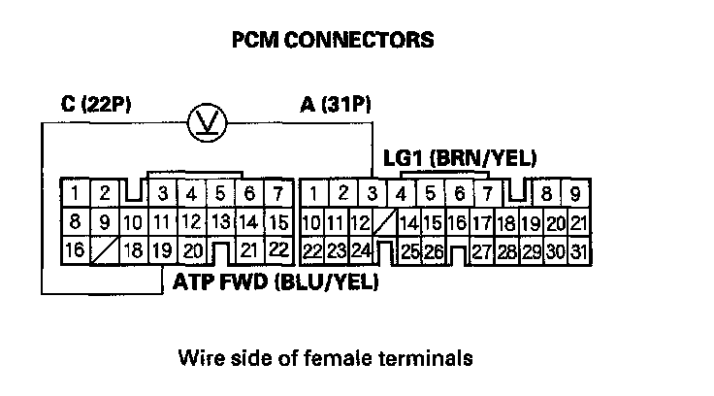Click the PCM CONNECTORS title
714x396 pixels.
pos(332,41)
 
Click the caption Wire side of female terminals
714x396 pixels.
pos(325,358)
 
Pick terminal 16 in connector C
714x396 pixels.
pos(74,249)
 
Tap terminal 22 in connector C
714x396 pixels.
pos(278,249)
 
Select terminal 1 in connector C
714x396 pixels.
pos(74,192)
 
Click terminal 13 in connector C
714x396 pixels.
pos(221,221)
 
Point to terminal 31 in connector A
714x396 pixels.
pos(579,251)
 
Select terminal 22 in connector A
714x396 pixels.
pos(311,251)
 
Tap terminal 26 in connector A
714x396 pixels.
pos(433,251)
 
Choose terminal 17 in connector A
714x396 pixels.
pos(481,222)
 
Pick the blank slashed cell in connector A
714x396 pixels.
pos(385,222)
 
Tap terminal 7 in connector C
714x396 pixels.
pos(278,192)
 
